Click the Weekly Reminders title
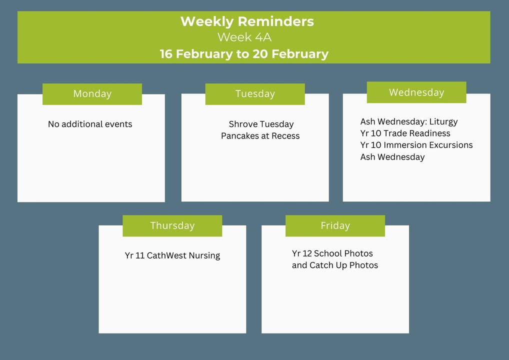(247, 21)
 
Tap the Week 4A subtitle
(244, 37)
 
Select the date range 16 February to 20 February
(244, 54)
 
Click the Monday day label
(92, 94)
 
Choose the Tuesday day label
(255, 94)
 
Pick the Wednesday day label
(416, 92)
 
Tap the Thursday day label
(172, 225)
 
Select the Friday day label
(335, 225)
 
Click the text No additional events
(90, 124)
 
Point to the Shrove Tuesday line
(261, 124)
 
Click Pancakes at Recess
(260, 135)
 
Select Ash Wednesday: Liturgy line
(409, 121)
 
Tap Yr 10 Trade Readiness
(405, 133)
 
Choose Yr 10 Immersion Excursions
(416, 145)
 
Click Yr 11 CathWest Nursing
(172, 256)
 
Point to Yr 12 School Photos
(332, 253)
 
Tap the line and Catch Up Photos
(335, 265)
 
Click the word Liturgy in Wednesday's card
(443, 121)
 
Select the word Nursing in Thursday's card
(204, 256)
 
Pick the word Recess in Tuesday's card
(285, 135)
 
